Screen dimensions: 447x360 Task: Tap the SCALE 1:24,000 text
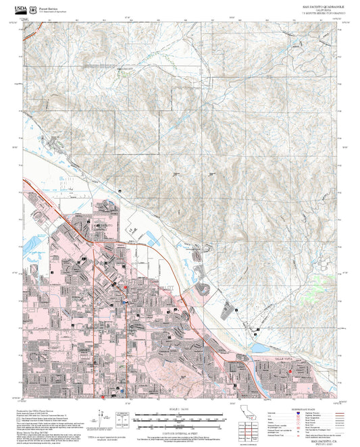(180, 409)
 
